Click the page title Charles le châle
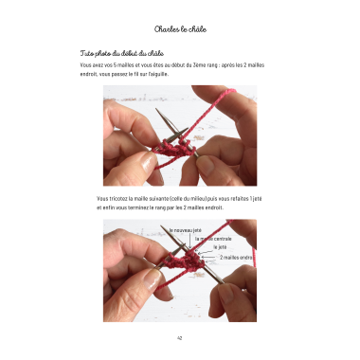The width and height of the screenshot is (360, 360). pos(180,29)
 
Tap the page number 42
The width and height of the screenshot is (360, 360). pos(180,337)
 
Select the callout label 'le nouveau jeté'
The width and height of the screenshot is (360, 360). pos(186,230)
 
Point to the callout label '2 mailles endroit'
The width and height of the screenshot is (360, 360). pos(238,257)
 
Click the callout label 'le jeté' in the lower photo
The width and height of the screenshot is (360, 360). pos(221,247)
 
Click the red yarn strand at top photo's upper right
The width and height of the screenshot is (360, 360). pos(227,100)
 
